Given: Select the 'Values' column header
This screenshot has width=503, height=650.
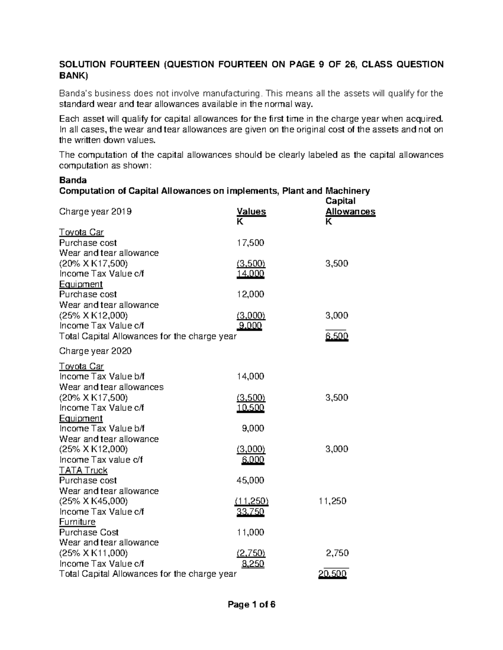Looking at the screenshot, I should tap(251, 211).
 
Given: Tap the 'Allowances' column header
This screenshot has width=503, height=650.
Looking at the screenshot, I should tap(350, 211).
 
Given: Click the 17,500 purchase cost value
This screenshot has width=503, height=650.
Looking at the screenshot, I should tap(250, 243).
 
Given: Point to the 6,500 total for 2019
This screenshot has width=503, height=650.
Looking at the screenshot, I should tap(337, 336).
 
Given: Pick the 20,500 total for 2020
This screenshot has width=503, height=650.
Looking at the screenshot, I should tap(332, 574).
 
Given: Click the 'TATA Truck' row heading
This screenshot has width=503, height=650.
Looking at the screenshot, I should tap(83, 470).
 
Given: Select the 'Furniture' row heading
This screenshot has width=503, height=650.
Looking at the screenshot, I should tap(77, 522).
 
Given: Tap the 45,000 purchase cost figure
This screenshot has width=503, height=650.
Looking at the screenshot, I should tap(250, 480).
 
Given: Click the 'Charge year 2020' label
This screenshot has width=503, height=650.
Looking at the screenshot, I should tap(96, 351).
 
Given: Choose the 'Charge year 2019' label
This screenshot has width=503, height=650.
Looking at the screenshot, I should tap(96, 211).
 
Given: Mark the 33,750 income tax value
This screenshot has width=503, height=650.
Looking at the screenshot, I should tap(250, 511).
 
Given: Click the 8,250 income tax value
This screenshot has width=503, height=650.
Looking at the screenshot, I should tap(253, 563).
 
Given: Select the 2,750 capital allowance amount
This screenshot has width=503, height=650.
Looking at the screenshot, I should tap(337, 553).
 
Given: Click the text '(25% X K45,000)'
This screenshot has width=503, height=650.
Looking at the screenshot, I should tap(93, 501).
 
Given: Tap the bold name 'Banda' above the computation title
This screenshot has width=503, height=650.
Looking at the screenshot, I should tap(73, 180).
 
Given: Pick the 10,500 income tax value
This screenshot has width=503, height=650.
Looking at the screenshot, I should tap(250, 408).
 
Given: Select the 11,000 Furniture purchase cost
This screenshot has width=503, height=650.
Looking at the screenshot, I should tap(250, 532).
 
